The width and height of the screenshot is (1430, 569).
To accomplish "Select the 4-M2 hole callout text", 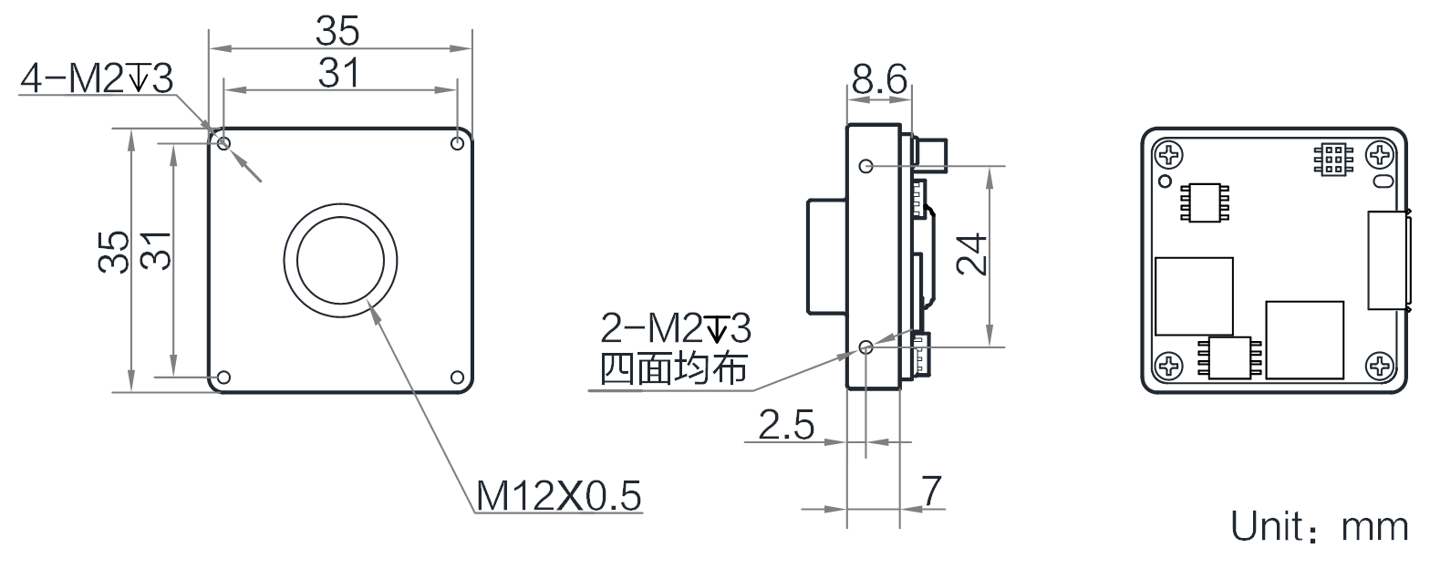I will point(97,80).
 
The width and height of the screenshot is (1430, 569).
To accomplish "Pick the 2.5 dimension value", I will point(787,426).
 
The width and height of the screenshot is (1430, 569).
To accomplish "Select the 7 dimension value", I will point(931,492).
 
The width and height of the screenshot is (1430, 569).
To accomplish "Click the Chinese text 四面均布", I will point(674,369).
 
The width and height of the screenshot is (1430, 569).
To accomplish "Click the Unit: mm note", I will point(1320,527).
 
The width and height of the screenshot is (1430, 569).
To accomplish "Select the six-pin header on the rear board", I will point(1332,160).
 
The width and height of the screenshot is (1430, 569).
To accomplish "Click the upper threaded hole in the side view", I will point(866,166).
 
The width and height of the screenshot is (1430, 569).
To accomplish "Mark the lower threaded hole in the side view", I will point(866,347).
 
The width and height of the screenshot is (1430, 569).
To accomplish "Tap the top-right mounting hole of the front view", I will point(458,143).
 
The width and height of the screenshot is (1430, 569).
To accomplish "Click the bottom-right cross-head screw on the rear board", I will point(1381,367).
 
